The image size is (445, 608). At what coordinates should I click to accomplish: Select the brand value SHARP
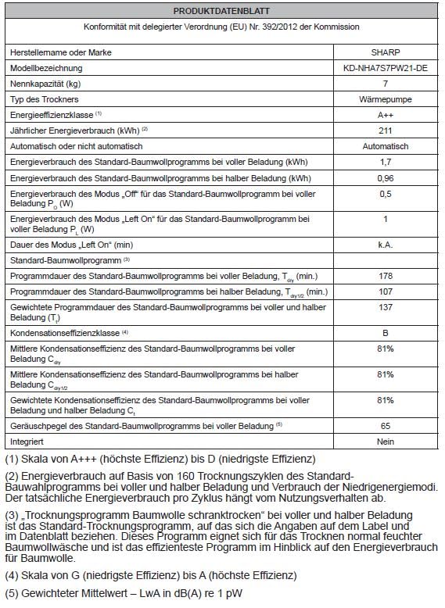385,52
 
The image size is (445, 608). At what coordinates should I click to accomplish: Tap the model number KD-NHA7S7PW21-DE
385,68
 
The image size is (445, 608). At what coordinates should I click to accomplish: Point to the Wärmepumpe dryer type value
385,99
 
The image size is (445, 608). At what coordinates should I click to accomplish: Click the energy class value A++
385,115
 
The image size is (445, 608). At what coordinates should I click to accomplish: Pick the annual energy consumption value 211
385,131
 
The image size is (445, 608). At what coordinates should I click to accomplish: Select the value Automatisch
385,146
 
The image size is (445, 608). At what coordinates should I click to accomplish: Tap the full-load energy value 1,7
385,162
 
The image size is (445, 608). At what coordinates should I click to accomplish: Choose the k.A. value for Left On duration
385,245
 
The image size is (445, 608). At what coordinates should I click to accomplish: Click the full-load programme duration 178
385,276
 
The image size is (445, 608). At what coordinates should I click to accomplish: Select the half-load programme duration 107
385,291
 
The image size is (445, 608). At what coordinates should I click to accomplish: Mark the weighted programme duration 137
385,307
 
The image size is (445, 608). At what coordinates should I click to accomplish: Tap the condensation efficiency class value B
385,332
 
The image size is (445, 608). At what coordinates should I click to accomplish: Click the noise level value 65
385,426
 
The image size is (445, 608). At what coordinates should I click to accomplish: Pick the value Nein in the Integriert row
385,442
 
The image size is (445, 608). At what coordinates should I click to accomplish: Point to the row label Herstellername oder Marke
60,52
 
